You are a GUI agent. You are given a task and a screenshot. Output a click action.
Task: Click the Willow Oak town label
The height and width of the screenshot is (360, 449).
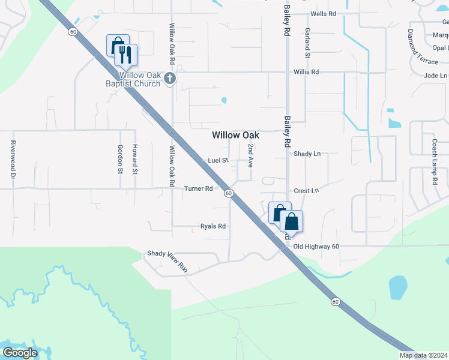point(235,136)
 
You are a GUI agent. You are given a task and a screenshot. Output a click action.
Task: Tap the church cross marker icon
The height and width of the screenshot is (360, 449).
point(170,77)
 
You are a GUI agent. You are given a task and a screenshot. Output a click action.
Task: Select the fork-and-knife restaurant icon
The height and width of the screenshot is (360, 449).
point(126,55)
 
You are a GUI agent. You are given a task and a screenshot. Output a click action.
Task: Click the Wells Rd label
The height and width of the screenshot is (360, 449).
point(322,14)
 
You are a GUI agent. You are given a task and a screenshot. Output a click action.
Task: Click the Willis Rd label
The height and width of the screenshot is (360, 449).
point(306,72)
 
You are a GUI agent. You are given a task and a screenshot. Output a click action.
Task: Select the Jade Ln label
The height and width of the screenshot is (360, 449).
point(435,76)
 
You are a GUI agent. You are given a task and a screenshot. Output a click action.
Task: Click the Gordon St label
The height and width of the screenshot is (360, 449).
point(121,158)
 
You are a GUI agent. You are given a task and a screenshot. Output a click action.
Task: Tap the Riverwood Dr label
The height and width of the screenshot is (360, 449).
point(12,160)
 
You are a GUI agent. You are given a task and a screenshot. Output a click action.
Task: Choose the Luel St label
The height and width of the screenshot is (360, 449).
point(218,161)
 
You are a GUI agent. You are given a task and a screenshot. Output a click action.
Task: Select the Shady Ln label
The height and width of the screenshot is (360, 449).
point(307,154)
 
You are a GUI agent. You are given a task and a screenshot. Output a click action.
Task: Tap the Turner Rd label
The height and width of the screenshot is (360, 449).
point(199,188)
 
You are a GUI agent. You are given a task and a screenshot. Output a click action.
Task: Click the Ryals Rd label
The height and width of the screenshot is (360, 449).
point(212,226)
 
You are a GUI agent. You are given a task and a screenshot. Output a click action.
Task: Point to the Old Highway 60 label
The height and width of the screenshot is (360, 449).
point(316,247)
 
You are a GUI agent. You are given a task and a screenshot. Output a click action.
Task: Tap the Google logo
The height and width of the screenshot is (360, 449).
point(20,352)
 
